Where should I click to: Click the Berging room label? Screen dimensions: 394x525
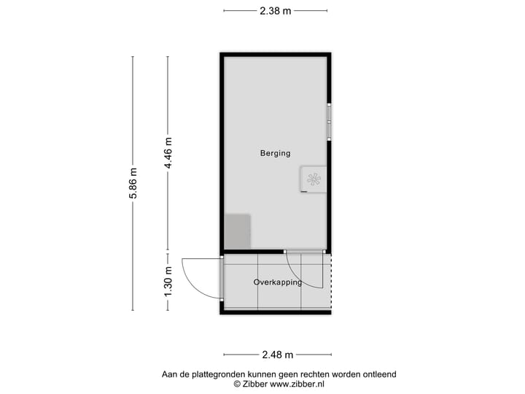275,153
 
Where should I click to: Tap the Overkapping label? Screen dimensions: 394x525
277,282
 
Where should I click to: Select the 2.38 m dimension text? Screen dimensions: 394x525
275,10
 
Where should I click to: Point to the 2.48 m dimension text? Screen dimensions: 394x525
277,355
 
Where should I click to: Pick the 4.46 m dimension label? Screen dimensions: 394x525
168,153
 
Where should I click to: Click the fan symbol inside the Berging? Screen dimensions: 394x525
314,179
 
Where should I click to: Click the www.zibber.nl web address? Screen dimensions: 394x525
297,384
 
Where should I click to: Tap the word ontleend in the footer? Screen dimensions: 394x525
380,374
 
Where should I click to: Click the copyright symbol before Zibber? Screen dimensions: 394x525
236,384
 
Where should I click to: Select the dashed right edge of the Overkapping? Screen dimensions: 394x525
331,281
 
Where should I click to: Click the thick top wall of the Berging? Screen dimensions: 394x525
276,54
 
